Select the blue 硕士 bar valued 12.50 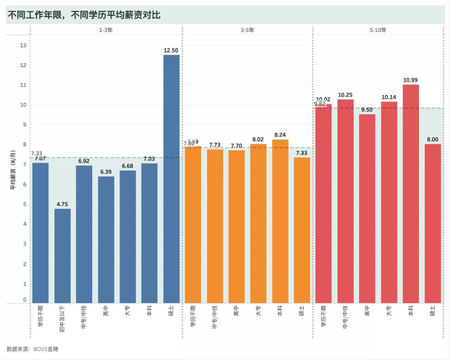coord(171,179)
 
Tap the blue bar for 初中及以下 coord(62,256)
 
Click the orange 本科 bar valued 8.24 coord(280,221)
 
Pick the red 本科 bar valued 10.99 coord(411,194)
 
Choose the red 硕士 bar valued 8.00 coord(432,223)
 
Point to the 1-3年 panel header coord(106,30)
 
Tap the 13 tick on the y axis coord(23,45)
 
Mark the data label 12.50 coord(171,50)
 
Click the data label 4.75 coord(62,204)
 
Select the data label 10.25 coord(345,95)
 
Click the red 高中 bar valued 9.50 coord(367,209)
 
